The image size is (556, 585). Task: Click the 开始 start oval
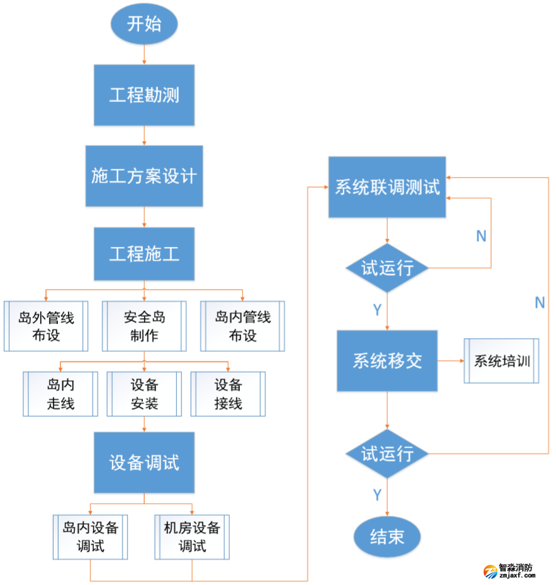point(144,25)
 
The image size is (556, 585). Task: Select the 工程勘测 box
point(144,95)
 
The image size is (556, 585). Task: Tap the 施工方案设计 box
point(144,176)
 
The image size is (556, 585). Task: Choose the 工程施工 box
point(144,254)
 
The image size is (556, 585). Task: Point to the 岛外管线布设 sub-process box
point(46,326)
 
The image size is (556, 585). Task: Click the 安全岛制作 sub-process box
point(144,326)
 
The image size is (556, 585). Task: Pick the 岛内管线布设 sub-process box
point(242,326)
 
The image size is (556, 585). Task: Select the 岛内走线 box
point(60,394)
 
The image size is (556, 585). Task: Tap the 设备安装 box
point(144,394)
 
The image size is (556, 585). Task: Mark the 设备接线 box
point(228,394)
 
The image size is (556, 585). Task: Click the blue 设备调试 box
point(144,463)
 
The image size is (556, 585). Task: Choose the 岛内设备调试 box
point(90,537)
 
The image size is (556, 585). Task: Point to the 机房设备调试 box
point(192,537)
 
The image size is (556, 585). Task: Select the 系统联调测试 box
point(387,188)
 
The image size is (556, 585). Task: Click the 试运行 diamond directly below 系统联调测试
point(387,268)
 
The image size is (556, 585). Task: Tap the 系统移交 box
point(387,361)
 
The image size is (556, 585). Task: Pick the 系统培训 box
point(502,361)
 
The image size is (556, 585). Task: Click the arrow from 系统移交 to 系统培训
point(451,361)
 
